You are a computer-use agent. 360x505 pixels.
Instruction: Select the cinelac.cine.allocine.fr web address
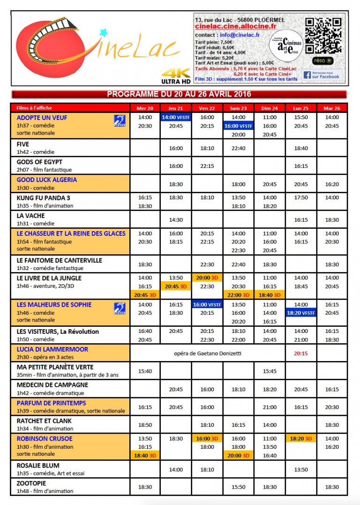click(x=235, y=27)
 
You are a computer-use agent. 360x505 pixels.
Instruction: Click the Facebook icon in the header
click(x=307, y=75)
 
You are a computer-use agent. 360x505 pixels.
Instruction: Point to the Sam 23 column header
click(x=239, y=108)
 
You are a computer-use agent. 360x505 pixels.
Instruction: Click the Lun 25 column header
click(x=300, y=108)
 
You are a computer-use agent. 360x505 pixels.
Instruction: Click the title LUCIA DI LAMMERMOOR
click(x=52, y=349)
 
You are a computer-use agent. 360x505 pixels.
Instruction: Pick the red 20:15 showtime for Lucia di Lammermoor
click(x=300, y=353)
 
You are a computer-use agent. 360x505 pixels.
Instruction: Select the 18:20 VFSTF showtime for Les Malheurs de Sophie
click(x=300, y=313)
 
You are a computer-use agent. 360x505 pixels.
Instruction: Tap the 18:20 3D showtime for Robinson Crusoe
click(x=300, y=439)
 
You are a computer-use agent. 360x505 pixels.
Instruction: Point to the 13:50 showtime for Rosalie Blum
click(x=300, y=469)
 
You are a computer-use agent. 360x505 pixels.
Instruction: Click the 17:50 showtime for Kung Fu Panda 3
click(x=300, y=198)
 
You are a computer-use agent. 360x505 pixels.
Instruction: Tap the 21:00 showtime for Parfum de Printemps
click(x=270, y=407)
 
